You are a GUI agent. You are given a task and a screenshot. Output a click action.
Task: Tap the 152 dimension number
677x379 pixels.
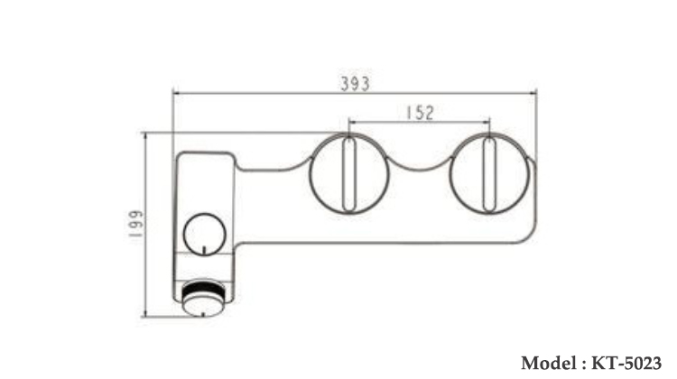419,112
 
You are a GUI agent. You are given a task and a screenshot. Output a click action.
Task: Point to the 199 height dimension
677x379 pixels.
135,225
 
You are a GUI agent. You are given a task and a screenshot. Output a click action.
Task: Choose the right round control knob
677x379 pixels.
488,175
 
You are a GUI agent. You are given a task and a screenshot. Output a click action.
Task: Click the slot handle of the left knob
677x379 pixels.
348,175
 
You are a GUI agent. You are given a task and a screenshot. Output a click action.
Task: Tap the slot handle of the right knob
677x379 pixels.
488,175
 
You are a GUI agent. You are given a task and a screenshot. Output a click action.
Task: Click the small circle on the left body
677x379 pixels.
202,234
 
